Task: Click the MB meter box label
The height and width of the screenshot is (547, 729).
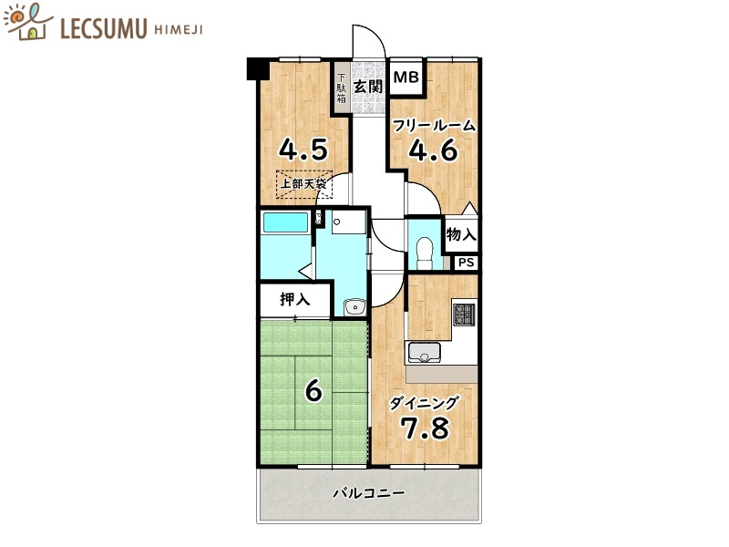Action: pos(406,77)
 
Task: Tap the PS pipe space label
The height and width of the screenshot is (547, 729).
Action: pos(467,263)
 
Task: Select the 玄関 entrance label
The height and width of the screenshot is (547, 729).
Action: pos(368,87)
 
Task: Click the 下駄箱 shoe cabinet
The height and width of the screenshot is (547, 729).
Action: pos(342,88)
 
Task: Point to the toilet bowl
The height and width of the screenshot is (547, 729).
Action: pos(425,253)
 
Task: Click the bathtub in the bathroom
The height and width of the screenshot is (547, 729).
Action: pos(286,222)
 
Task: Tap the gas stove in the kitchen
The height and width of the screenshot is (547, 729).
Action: pos(464,314)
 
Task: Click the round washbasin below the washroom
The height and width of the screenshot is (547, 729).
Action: pos(354,307)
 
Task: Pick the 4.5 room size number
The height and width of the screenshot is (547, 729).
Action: pos(303,150)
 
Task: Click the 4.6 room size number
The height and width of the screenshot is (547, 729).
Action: pos(433,150)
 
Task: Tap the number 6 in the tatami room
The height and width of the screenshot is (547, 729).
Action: pos(313,391)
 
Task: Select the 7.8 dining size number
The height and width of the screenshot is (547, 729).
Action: pos(425,428)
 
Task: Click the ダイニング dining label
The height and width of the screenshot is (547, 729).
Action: pos(424,403)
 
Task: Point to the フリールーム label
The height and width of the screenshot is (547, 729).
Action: pos(434,126)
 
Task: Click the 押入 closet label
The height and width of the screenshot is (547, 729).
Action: pos(294,299)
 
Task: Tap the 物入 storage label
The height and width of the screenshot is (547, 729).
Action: pos(461,234)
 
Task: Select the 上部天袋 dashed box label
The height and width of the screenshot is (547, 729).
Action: pos(303,184)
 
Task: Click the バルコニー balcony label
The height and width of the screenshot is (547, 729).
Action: pos(369,492)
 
